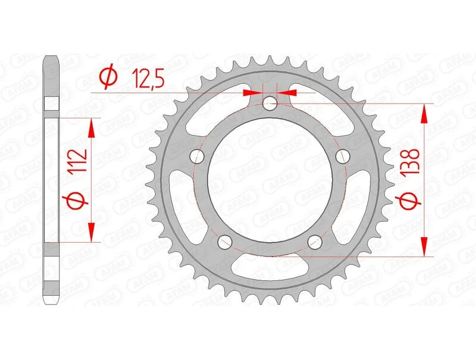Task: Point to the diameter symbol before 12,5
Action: click(x=108, y=77)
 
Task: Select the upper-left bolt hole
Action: click(x=198, y=156)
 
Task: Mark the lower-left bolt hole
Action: click(x=225, y=242)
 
